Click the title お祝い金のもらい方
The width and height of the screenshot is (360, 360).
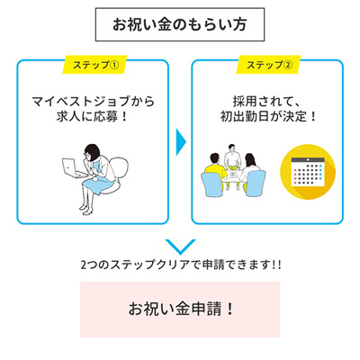click(x=180, y=24)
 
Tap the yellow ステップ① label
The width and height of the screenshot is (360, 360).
click(x=94, y=65)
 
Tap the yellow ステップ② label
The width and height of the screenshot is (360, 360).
click(x=268, y=65)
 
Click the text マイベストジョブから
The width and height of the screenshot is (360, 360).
click(x=94, y=102)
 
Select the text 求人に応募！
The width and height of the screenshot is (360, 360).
click(x=93, y=117)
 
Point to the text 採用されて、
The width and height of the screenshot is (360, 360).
click(x=266, y=102)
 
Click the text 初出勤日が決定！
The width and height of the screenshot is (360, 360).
click(x=268, y=117)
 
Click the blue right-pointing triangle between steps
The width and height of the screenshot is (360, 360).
click(x=181, y=142)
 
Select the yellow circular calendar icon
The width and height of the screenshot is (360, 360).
click(x=308, y=172)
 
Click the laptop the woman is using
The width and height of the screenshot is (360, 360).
click(x=73, y=168)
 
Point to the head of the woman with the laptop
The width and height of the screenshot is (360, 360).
click(x=92, y=153)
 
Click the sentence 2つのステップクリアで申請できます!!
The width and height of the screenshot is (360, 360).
click(x=181, y=265)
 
